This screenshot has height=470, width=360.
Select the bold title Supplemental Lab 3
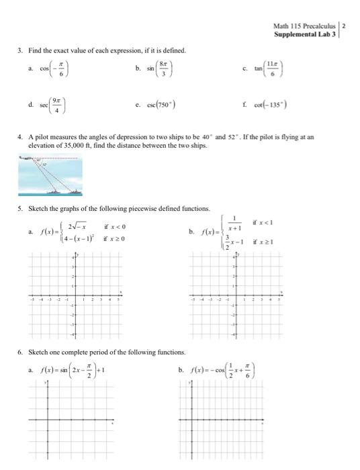[x=306, y=34]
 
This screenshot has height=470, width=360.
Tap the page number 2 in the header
[x=345, y=26]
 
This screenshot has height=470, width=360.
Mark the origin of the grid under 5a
[x=75, y=295]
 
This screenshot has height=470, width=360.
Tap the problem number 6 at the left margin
[x=21, y=352]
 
